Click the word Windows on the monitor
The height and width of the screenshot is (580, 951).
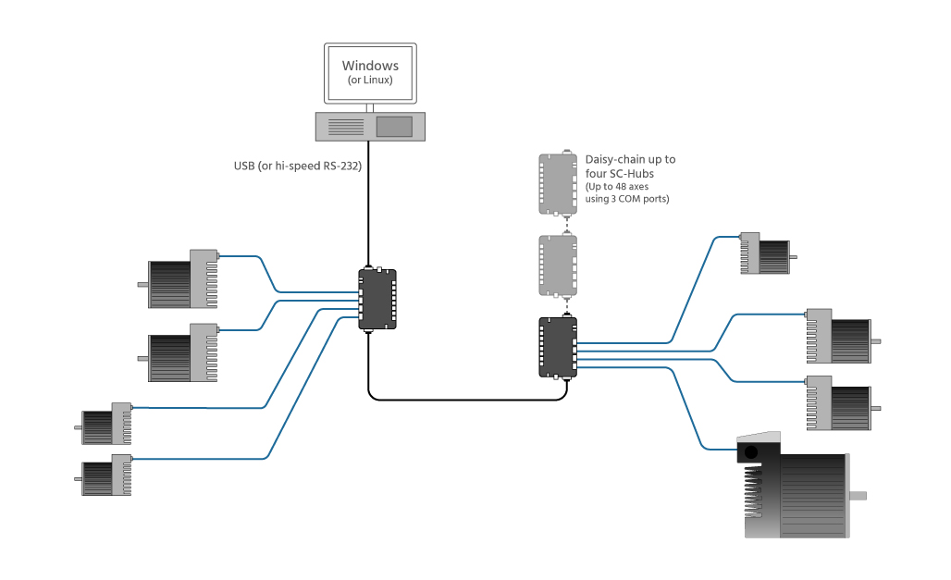tap(370, 66)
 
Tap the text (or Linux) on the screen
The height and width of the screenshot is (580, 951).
tap(370, 80)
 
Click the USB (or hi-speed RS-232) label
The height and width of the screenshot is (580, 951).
tap(297, 167)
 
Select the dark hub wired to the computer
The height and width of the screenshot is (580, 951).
tap(377, 299)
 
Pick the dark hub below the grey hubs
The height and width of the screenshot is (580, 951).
tap(558, 347)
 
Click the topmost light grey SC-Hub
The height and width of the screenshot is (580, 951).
tap(558, 183)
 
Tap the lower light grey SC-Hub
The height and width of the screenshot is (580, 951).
tap(558, 265)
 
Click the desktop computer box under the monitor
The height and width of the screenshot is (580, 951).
tap(370, 126)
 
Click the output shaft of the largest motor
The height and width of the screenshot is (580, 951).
tap(858, 496)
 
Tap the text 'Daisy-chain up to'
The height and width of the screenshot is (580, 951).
tap(630, 159)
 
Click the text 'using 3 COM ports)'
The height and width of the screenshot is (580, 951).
tap(626, 199)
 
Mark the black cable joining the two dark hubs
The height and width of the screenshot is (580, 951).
tap(463, 400)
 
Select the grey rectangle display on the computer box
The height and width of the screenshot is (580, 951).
tap(394, 126)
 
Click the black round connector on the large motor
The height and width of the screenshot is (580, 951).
tap(751, 452)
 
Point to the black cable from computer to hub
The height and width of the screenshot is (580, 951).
tap(370, 204)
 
